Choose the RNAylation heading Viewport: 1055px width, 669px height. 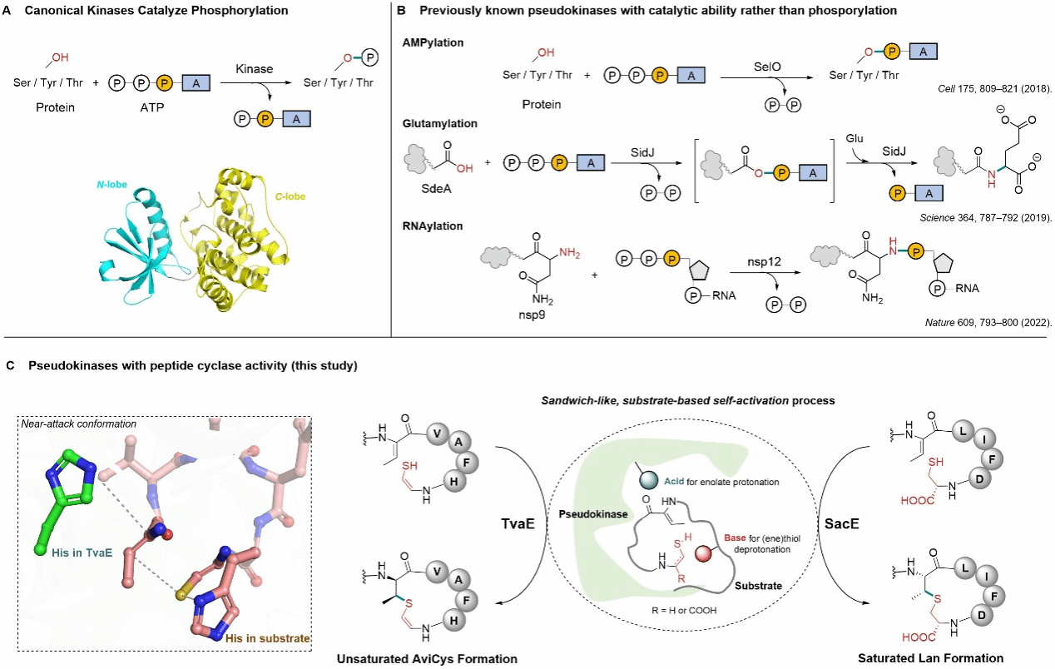[x=437, y=225]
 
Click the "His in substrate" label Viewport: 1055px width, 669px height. [x=266, y=638]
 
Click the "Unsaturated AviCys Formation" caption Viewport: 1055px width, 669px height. [x=427, y=658]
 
